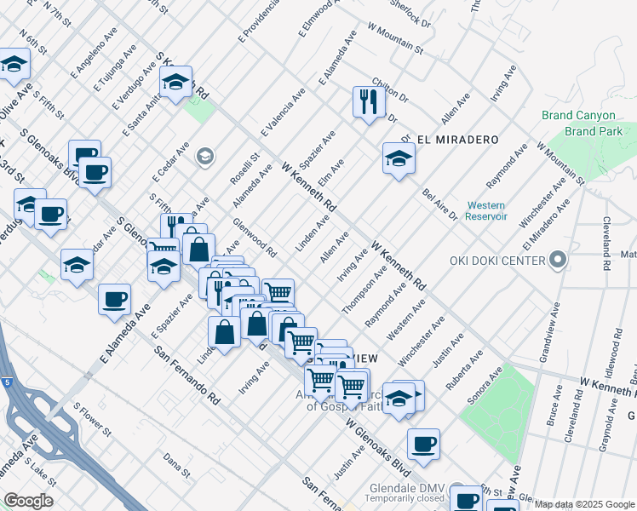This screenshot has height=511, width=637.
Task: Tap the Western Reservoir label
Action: pyautogui.click(x=486, y=211)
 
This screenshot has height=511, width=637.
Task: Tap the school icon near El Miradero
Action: pyautogui.click(x=399, y=158)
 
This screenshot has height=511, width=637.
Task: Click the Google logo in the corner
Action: pyautogui.click(x=28, y=501)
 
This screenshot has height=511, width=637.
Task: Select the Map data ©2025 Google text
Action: pyautogui.click(x=583, y=504)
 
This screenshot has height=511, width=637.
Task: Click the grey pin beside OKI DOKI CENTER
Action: pyautogui.click(x=558, y=259)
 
